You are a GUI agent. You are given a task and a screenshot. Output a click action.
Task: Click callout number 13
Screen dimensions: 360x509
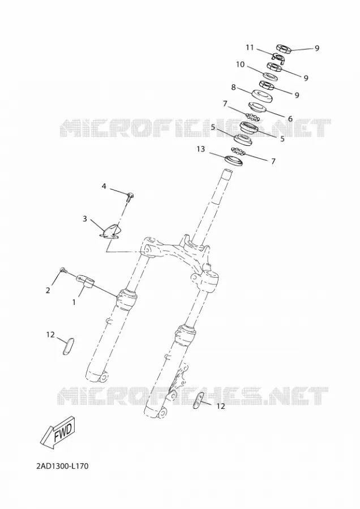point(201,149)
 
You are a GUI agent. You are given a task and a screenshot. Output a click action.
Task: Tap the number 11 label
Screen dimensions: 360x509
point(250,48)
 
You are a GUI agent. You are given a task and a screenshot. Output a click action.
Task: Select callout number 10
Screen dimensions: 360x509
point(240,64)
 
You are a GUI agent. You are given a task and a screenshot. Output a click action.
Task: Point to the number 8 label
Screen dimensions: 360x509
point(233,87)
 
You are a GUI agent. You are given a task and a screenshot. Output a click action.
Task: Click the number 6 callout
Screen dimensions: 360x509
point(290,119)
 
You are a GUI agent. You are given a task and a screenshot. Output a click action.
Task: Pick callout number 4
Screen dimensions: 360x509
point(104,186)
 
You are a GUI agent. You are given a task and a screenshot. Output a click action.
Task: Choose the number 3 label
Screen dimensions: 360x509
point(85,219)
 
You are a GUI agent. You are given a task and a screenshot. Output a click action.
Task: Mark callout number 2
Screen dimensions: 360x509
point(48,291)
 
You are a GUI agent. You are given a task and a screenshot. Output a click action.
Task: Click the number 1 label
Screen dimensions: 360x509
point(74,302)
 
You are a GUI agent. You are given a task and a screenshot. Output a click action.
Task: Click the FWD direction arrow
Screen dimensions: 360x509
point(58,433)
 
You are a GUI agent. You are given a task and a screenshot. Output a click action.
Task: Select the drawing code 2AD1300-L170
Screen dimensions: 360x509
point(62,467)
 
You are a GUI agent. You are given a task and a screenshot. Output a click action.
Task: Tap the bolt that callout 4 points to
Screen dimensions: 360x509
point(131,196)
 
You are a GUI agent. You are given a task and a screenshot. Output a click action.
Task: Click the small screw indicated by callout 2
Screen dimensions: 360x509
point(63,270)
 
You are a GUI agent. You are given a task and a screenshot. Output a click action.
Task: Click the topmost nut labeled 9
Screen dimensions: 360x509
point(284,49)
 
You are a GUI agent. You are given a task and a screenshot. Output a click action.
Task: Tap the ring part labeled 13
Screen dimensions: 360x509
point(234,161)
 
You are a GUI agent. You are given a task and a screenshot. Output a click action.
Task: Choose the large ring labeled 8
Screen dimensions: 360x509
point(262,96)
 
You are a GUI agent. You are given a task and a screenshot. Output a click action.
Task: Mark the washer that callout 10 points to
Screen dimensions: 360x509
point(269,76)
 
